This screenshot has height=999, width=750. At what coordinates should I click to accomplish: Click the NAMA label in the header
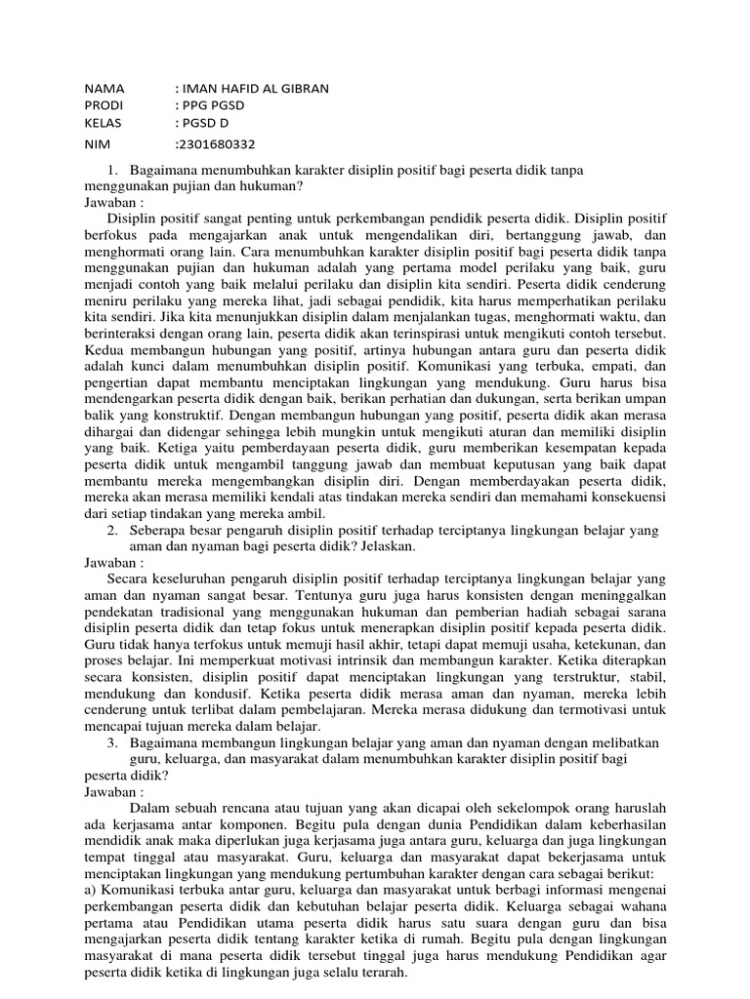(x=105, y=89)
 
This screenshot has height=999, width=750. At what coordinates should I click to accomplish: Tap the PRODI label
(x=105, y=106)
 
